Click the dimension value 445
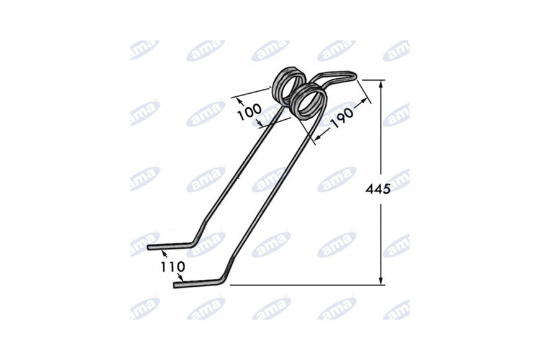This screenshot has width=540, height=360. [x=378, y=189]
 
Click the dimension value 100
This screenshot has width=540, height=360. [x=250, y=112]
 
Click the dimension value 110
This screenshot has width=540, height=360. [x=173, y=267]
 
